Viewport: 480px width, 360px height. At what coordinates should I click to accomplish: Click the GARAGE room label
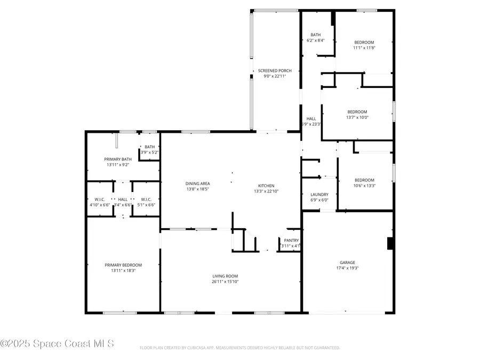pos(347,262)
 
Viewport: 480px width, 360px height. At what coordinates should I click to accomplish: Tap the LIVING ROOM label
pos(225,276)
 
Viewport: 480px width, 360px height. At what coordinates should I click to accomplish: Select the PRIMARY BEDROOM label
pos(123,265)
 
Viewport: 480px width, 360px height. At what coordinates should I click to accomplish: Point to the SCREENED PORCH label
pos(275,70)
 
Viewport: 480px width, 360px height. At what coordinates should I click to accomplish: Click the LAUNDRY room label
pos(319,195)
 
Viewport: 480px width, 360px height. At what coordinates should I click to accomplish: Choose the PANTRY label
pos(291,240)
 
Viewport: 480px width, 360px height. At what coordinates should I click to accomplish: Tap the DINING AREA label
pos(197,183)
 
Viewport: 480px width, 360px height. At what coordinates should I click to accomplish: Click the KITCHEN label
pos(266,186)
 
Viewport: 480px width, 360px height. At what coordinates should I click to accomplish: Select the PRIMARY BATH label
pos(118,159)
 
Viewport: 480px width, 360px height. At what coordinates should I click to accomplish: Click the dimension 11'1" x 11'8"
pos(364,48)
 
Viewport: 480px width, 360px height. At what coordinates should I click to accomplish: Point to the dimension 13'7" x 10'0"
pos(357,117)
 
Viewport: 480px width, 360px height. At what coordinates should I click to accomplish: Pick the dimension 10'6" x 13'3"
pos(364,186)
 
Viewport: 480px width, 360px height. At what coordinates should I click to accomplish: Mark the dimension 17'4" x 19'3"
pos(347,268)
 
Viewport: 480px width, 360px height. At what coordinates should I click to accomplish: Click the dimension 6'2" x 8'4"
pos(315,40)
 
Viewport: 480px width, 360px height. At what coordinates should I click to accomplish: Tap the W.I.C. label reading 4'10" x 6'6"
pos(99,205)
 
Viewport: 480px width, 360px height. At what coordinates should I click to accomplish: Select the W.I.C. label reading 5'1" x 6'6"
pos(147,205)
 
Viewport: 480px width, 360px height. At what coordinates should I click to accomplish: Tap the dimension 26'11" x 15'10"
pos(225,282)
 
